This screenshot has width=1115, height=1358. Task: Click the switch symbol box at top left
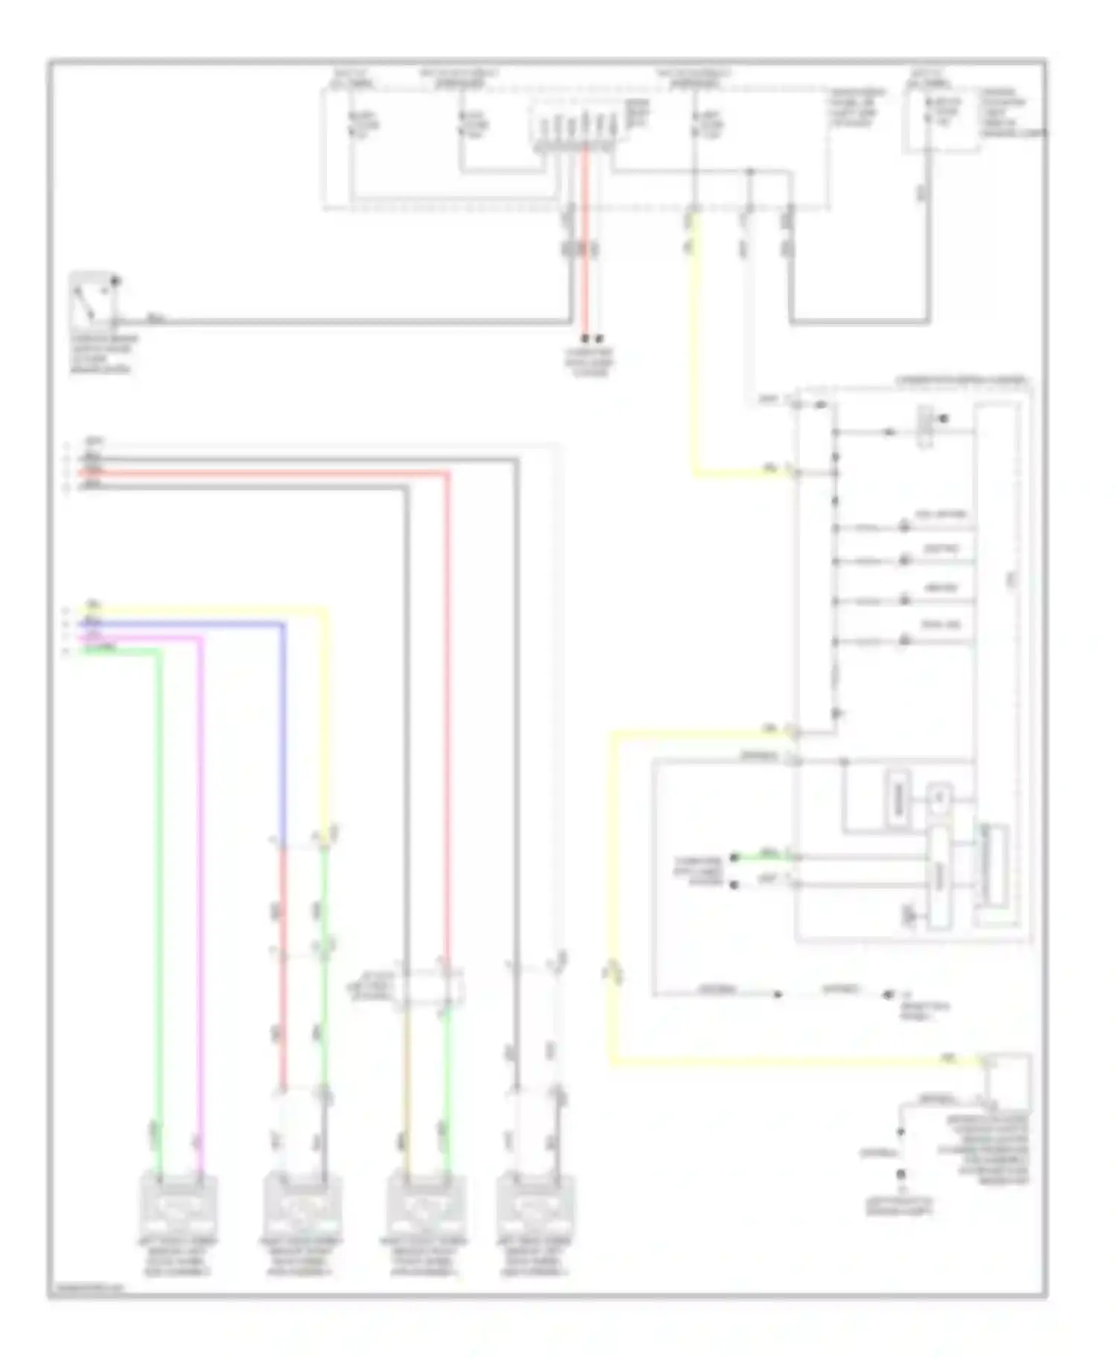tap(94, 301)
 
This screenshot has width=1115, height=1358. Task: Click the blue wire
tap(283, 728)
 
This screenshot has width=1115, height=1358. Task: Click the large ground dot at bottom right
tap(900, 1175)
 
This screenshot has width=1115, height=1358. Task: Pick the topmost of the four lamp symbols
tap(905, 527)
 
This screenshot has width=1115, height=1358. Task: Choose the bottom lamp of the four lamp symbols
tap(905, 640)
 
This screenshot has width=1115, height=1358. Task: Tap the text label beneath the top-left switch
tap(102, 354)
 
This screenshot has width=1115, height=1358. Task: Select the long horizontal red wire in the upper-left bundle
tap(268, 472)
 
